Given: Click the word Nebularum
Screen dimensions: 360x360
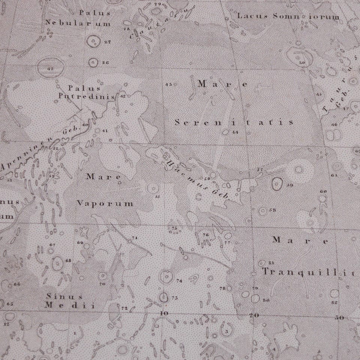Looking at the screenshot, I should point(78,23).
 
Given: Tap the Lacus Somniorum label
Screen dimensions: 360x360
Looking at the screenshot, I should point(288,16).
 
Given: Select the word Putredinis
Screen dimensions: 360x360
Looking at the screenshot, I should point(86,96).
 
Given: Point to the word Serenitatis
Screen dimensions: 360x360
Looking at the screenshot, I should point(234,122).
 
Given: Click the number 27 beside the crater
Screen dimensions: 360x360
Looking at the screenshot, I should point(108,42).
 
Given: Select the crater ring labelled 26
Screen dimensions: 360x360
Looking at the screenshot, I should point(93,62).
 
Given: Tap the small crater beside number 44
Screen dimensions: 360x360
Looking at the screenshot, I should point(225,132).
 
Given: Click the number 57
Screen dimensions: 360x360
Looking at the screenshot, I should point(259,170).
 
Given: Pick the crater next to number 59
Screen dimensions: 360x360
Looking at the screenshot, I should point(277,183).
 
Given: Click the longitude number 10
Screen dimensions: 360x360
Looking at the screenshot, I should point(163,313).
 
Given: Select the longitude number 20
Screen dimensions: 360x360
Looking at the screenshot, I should point(254,315).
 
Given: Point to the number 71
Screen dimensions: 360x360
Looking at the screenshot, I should point(135,238).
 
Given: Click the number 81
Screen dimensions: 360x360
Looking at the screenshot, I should point(272,262).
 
